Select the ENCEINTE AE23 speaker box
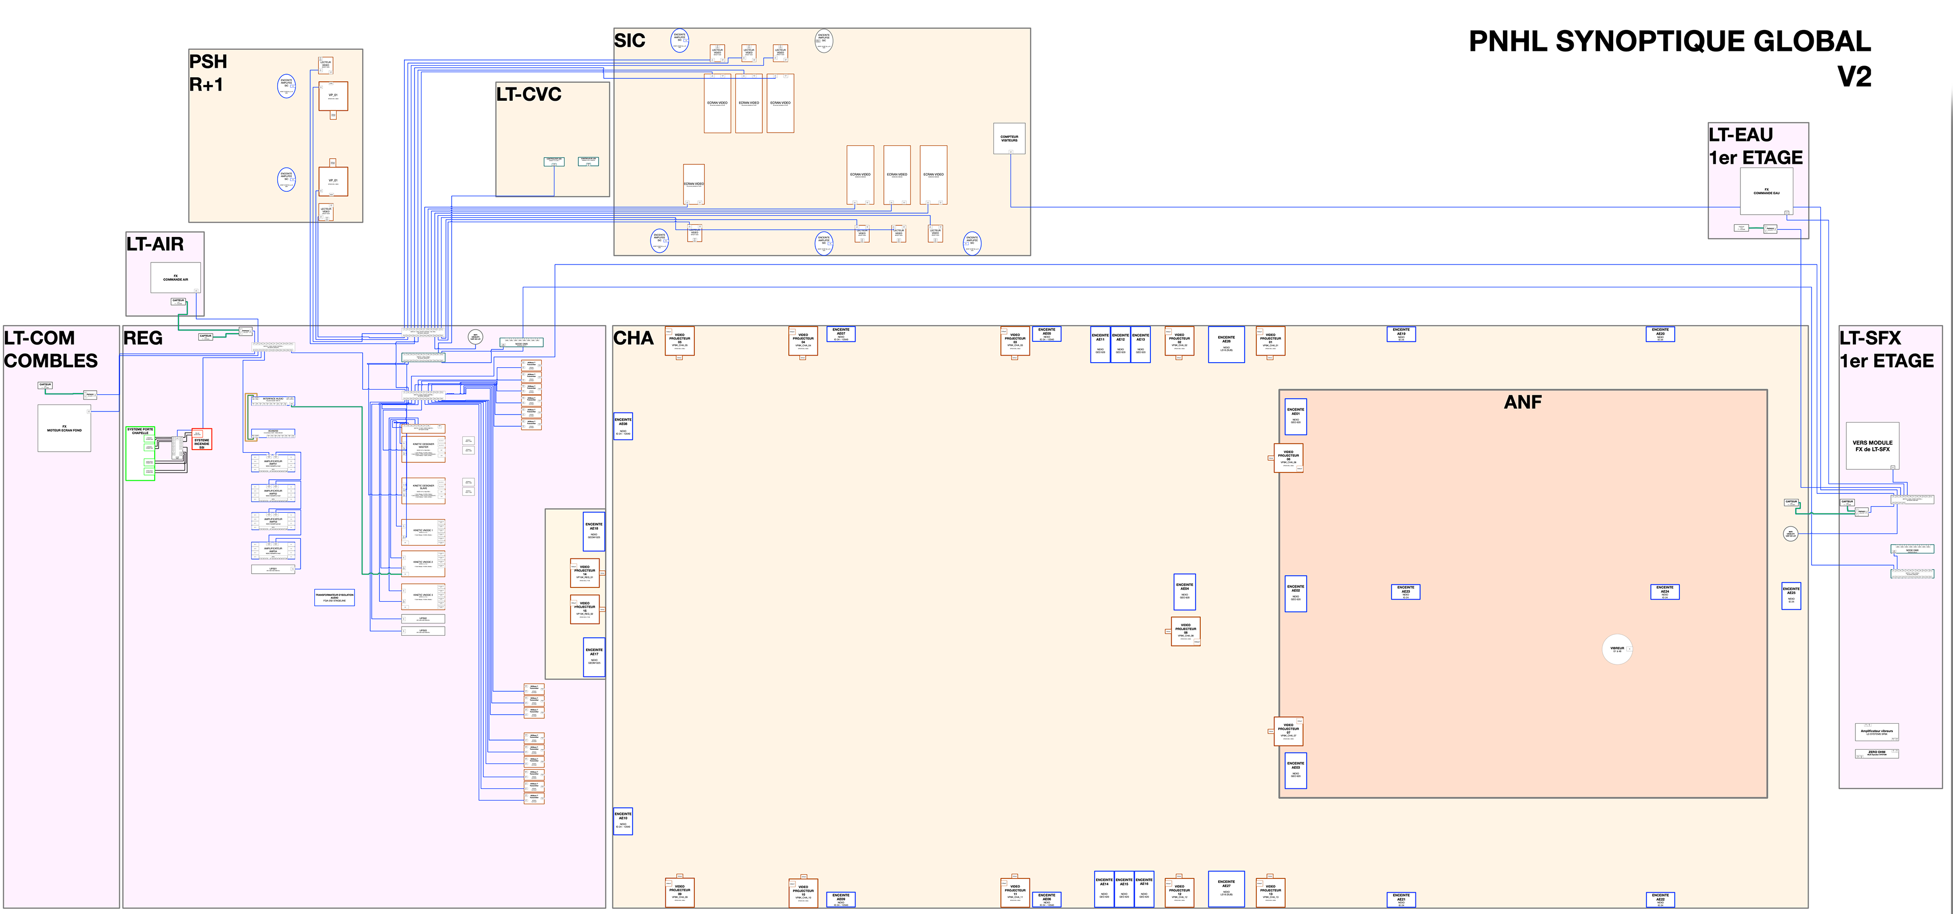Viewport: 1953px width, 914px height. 1406,592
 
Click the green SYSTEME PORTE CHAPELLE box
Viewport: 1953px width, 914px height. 140,453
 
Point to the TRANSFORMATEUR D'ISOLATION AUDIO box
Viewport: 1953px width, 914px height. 334,597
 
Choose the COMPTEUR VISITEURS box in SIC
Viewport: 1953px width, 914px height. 1009,139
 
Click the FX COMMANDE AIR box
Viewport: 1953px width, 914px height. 176,278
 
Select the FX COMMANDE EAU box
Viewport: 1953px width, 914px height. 1766,191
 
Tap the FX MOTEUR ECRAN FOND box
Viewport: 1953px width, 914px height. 65,429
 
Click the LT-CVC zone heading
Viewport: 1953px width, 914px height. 529,95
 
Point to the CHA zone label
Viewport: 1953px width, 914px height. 633,338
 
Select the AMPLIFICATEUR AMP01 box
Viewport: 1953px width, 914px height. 273,463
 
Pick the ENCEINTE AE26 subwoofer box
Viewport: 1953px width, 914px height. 1226,344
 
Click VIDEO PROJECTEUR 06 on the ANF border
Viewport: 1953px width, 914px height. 1288,457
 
